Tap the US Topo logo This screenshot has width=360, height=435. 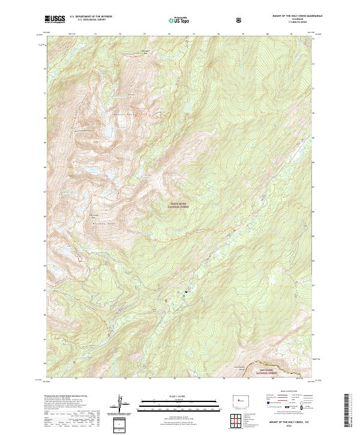176,20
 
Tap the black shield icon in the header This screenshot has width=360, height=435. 240,20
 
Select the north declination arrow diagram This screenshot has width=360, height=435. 121,404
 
